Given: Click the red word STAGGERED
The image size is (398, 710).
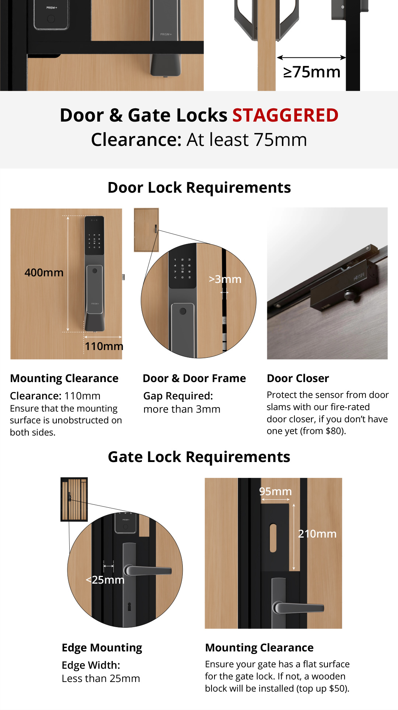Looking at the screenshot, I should tap(285, 115).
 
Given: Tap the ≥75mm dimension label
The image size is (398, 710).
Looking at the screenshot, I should tap(312, 72).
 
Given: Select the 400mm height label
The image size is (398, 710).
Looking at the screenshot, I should tap(44, 273).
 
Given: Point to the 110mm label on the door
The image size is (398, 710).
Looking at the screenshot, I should tap(104, 346).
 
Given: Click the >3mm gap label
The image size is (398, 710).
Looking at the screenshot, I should tap(225, 279).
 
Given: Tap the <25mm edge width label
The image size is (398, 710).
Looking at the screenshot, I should tap(105, 580).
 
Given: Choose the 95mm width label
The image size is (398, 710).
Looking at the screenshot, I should tap(275, 492).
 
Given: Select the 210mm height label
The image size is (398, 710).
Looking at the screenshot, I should tap(317, 534).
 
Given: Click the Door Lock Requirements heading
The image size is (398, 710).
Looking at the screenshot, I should tap(199, 188).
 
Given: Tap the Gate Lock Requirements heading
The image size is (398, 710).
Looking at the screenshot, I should tap(199, 457).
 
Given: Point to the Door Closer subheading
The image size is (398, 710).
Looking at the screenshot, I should tap(298, 378).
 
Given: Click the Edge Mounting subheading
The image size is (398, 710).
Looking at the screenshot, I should tap(102, 648).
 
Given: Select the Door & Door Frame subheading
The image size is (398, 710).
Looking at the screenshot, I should tap(194, 378).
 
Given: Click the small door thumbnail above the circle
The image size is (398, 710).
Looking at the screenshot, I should tap(146, 230).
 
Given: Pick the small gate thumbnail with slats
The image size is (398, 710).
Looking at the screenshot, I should tap(74, 499).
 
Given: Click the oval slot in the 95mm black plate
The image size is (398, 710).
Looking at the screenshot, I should tap(273, 538).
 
